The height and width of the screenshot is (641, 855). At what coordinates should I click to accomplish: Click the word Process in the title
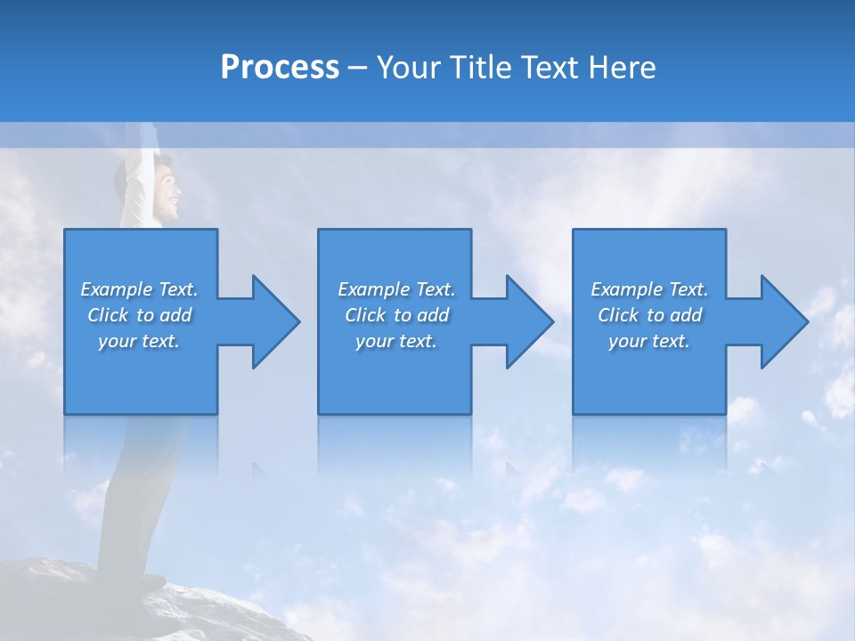click(280, 68)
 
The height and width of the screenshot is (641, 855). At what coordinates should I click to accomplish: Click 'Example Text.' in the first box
click(139, 289)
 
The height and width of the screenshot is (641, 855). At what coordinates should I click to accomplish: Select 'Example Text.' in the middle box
click(396, 289)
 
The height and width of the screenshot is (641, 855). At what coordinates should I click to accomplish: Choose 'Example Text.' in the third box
click(649, 289)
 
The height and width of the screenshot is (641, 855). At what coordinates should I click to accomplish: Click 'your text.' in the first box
click(139, 341)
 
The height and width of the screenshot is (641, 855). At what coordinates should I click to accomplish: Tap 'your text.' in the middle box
click(396, 341)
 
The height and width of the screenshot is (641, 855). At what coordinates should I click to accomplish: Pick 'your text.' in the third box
click(649, 341)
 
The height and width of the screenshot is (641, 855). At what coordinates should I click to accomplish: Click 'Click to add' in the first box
click(139, 315)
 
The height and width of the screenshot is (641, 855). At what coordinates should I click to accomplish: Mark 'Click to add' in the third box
click(649, 315)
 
